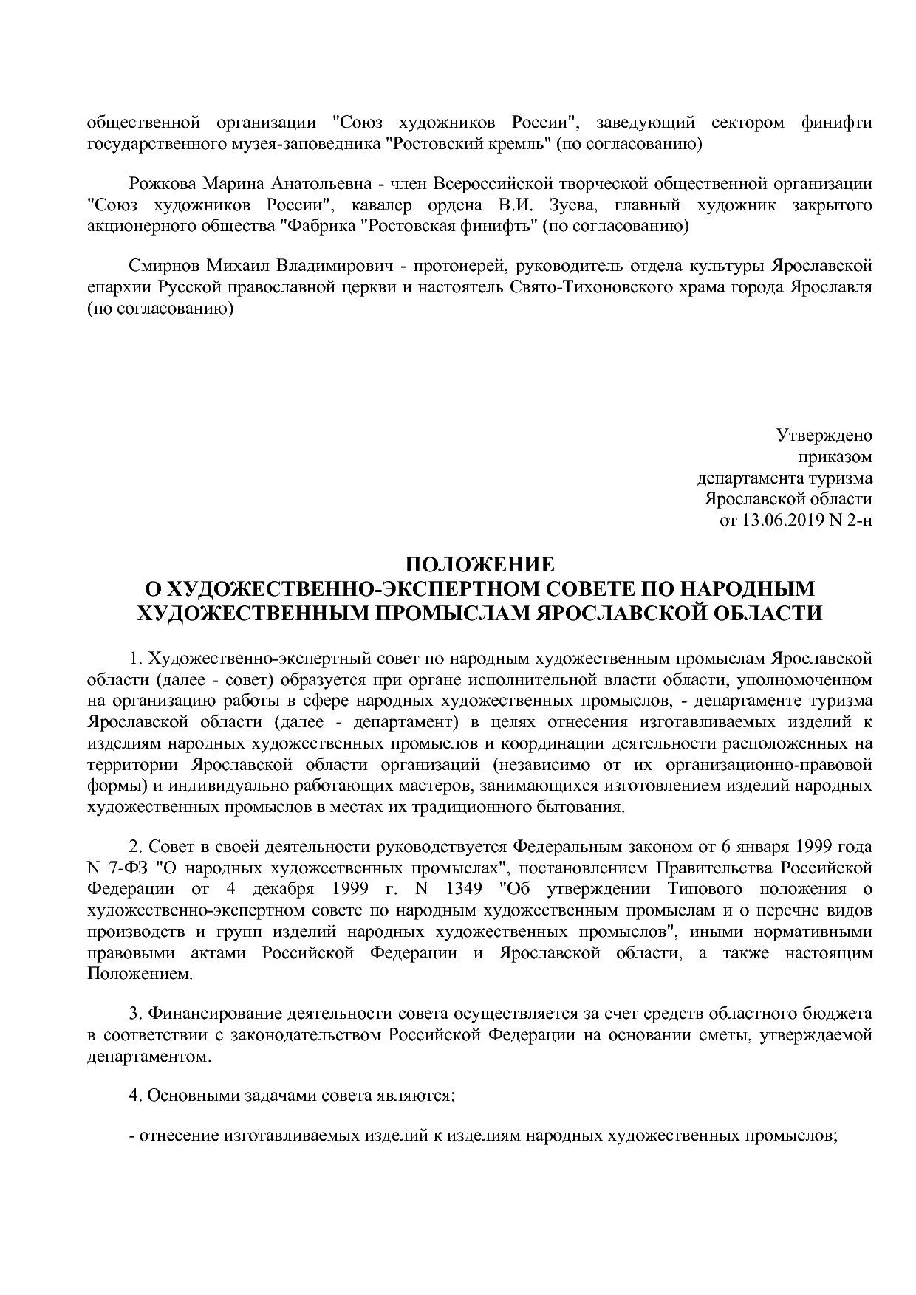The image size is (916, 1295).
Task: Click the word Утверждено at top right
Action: pyautogui.click(x=824, y=436)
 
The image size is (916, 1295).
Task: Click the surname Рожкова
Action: pyautogui.click(x=163, y=183)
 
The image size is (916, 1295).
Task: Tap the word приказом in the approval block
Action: pyautogui.click(x=842, y=457)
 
